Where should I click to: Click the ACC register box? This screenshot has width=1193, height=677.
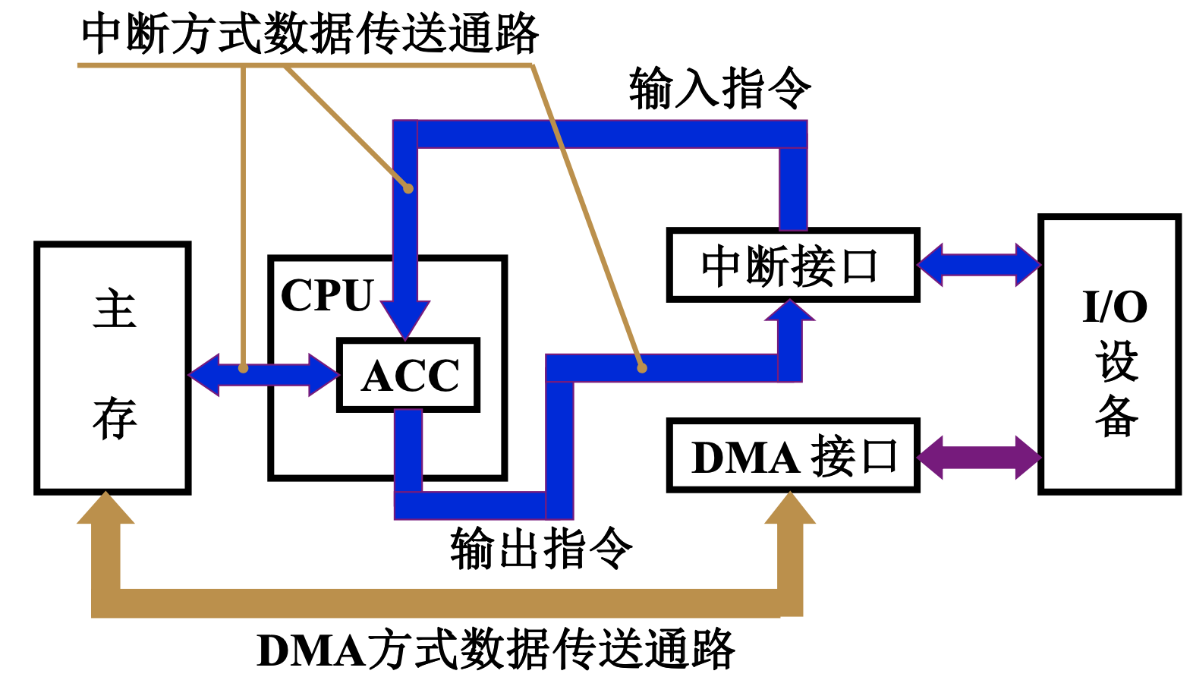tap(408, 375)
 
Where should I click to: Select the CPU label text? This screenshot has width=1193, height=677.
tap(326, 295)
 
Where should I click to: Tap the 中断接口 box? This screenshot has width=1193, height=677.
tap(792, 266)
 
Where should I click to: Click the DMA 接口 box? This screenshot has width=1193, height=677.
tap(792, 457)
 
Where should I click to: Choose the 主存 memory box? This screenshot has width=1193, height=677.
tap(112, 368)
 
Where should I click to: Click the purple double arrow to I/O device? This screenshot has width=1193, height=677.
tap(979, 457)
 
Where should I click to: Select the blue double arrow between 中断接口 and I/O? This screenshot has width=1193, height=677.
tap(979, 265)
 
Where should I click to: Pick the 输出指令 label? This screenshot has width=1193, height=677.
tap(540, 548)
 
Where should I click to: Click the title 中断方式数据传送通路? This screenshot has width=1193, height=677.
tap(310, 34)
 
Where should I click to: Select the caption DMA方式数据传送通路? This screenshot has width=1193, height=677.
tap(496, 650)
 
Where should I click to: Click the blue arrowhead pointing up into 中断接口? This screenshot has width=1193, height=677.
tap(790, 312)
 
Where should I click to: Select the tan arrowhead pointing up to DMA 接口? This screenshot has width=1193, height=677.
tap(790, 509)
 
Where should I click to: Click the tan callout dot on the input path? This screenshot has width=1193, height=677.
tap(408, 187)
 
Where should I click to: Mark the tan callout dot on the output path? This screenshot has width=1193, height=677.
tap(642, 367)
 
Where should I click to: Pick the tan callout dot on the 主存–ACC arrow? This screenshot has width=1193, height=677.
tap(243, 368)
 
